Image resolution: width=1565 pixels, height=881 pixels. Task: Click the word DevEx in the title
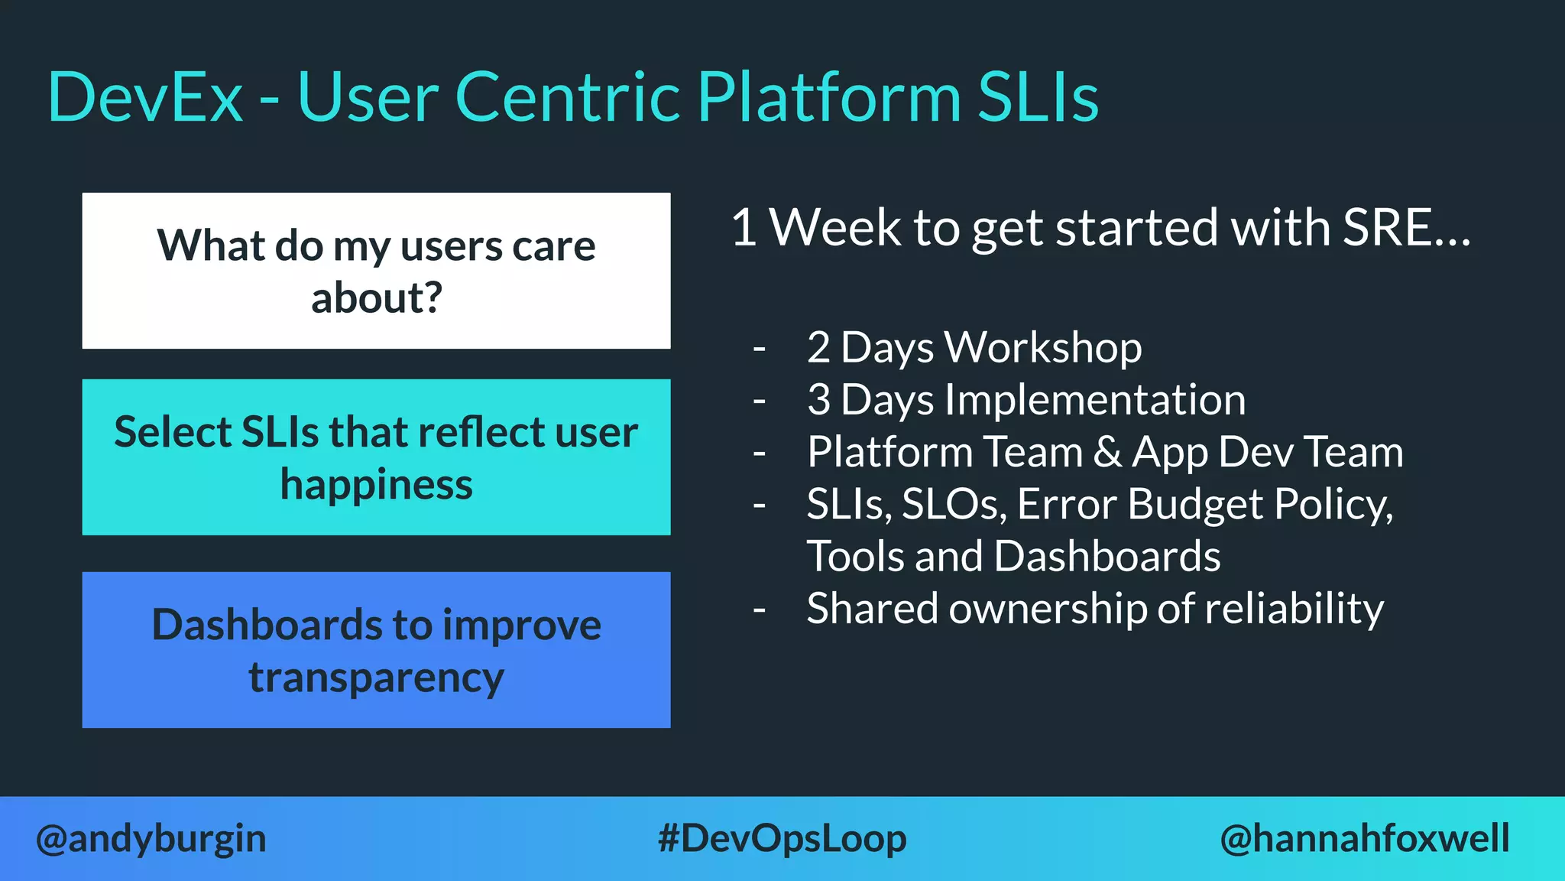coord(145,97)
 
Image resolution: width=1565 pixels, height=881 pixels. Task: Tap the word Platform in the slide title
coord(828,97)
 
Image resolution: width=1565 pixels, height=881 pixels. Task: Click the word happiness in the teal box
coord(376,485)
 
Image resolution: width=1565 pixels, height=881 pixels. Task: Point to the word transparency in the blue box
coord(376,678)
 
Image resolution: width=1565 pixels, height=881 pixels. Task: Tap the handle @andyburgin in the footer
coord(151,839)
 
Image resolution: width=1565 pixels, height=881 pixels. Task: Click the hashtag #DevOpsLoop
coord(782,839)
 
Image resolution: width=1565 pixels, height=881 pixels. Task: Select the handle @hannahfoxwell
coord(1364,839)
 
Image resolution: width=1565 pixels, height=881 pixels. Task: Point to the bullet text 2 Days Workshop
coord(974,348)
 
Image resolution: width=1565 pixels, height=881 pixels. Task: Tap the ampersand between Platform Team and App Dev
coord(1107,452)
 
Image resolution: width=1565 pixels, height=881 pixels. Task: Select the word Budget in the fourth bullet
coord(1195,505)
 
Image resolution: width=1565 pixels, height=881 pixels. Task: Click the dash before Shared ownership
coord(759,610)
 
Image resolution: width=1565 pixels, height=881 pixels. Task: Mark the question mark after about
coord(433,297)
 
